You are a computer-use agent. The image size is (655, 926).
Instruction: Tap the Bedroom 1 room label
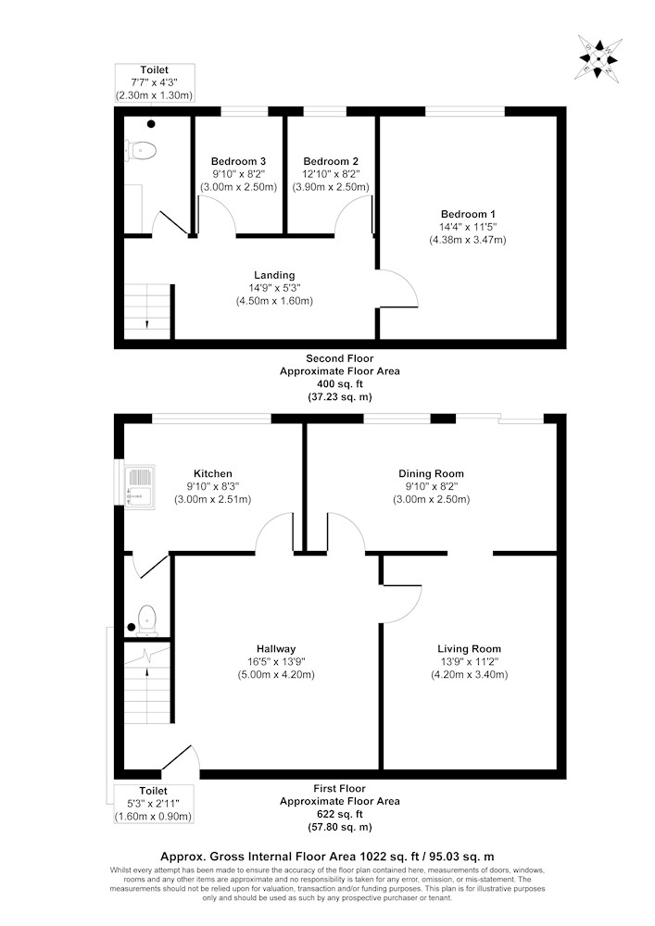point(468,215)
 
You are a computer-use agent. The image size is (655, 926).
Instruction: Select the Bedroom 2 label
point(331,161)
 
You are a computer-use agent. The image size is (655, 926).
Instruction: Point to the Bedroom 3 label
point(239,161)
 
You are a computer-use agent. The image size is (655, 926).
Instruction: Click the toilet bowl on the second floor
point(141,151)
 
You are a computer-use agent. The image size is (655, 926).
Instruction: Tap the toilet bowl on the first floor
point(146,620)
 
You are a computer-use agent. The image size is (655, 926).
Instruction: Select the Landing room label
point(274,275)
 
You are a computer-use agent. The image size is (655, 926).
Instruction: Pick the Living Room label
point(469,649)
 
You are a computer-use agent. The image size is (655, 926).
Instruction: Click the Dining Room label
point(431,473)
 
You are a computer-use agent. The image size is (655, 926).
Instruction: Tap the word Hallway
point(276,649)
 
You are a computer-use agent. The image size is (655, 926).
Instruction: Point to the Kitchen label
point(213,473)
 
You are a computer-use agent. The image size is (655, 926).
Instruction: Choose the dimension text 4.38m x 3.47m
point(468,241)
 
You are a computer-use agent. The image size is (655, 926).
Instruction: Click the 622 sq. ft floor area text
point(339,814)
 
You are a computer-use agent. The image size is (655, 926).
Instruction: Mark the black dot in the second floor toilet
point(151,124)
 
